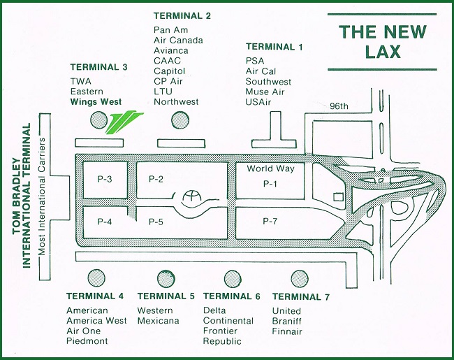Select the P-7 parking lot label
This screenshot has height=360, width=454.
pyautogui.click(x=270, y=221)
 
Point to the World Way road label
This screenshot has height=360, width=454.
pyautogui.click(x=271, y=168)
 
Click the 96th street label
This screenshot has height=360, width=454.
pyautogui.click(x=339, y=106)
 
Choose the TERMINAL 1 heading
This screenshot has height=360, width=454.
pyautogui.click(x=274, y=47)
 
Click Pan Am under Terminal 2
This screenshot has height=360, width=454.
pyautogui.click(x=171, y=29)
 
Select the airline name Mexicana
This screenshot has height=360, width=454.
pyautogui.click(x=159, y=321)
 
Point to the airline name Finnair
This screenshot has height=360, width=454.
pyautogui.click(x=287, y=331)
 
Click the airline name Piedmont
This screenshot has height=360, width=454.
pyautogui.click(x=87, y=341)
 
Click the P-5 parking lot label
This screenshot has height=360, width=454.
pyautogui.click(x=156, y=221)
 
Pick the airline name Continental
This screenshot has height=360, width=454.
pyautogui.click(x=228, y=321)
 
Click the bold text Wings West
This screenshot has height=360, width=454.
pyautogui.click(x=96, y=102)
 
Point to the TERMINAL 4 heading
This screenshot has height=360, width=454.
pyautogui.click(x=95, y=296)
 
